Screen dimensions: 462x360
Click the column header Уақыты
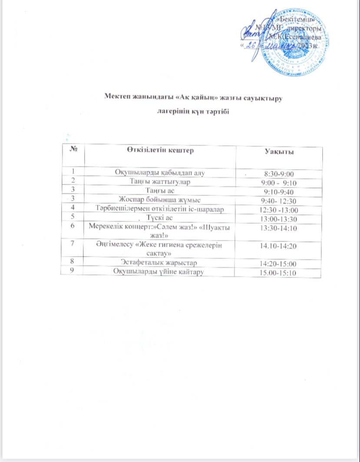279,152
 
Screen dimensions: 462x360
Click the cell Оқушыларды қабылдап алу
159,173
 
